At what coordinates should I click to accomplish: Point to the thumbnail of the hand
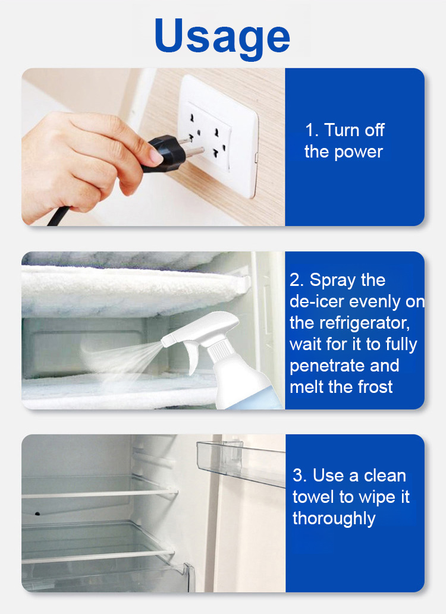pyautogui.click(x=156, y=157)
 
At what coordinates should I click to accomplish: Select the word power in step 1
pyautogui.click(x=358, y=152)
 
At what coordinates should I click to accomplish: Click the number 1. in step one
pyautogui.click(x=312, y=130)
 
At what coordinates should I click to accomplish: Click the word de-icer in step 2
pyautogui.click(x=318, y=301)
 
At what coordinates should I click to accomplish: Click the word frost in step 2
pyautogui.click(x=375, y=387)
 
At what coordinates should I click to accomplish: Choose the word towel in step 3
pyautogui.click(x=314, y=498)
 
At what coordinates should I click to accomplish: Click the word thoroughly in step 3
pyautogui.click(x=334, y=519)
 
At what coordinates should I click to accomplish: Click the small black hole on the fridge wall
pyautogui.click(x=37, y=514)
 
